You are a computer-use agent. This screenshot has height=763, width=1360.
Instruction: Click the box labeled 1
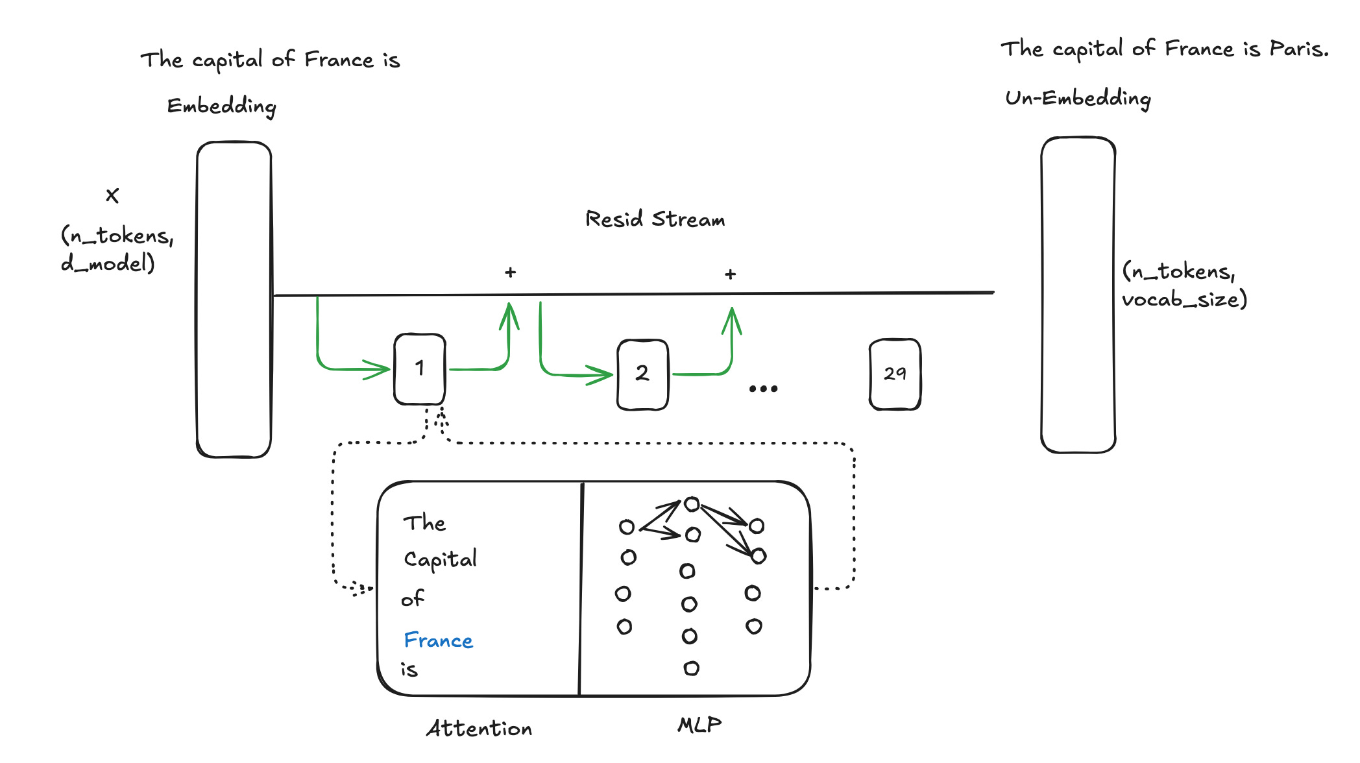[x=420, y=369]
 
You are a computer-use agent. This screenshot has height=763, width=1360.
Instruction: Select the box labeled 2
[x=642, y=374]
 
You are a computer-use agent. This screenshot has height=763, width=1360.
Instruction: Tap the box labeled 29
[x=895, y=374]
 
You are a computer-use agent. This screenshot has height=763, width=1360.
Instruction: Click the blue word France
[x=439, y=640]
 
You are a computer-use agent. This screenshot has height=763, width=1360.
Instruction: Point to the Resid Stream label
[x=655, y=219]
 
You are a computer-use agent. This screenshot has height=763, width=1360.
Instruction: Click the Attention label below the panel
[x=479, y=728]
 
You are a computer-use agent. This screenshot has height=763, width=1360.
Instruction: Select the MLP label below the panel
[x=699, y=725]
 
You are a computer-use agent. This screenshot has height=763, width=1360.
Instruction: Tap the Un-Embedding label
[x=1078, y=99]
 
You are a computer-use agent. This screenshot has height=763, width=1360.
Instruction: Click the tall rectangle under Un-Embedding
[x=1078, y=295]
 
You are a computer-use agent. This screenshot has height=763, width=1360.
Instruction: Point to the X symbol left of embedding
[x=112, y=195]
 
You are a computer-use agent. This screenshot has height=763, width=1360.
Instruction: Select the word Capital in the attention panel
[x=441, y=559]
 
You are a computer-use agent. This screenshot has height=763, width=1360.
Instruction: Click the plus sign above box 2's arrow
[x=731, y=274]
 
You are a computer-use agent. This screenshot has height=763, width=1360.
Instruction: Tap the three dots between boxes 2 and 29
[x=763, y=389]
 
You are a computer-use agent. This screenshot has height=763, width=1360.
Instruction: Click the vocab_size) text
[x=1185, y=300]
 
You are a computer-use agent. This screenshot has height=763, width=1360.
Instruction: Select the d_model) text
[x=108, y=263]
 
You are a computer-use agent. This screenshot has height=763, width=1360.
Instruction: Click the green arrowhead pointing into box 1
[x=378, y=370]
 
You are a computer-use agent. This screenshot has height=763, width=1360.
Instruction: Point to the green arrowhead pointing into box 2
[x=600, y=374]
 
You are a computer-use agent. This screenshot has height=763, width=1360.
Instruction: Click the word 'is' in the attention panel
[x=409, y=670]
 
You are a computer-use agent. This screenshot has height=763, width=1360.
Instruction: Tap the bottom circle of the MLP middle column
[x=692, y=668]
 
